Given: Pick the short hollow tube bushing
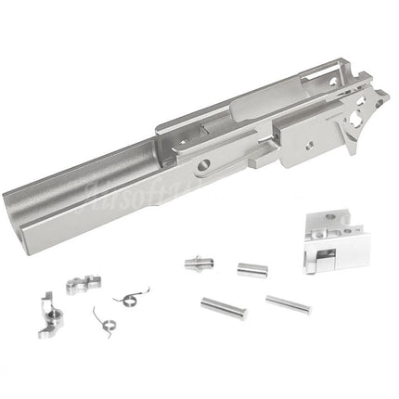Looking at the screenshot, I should [x=248, y=270].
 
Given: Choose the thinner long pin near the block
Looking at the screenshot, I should [x=288, y=304].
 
